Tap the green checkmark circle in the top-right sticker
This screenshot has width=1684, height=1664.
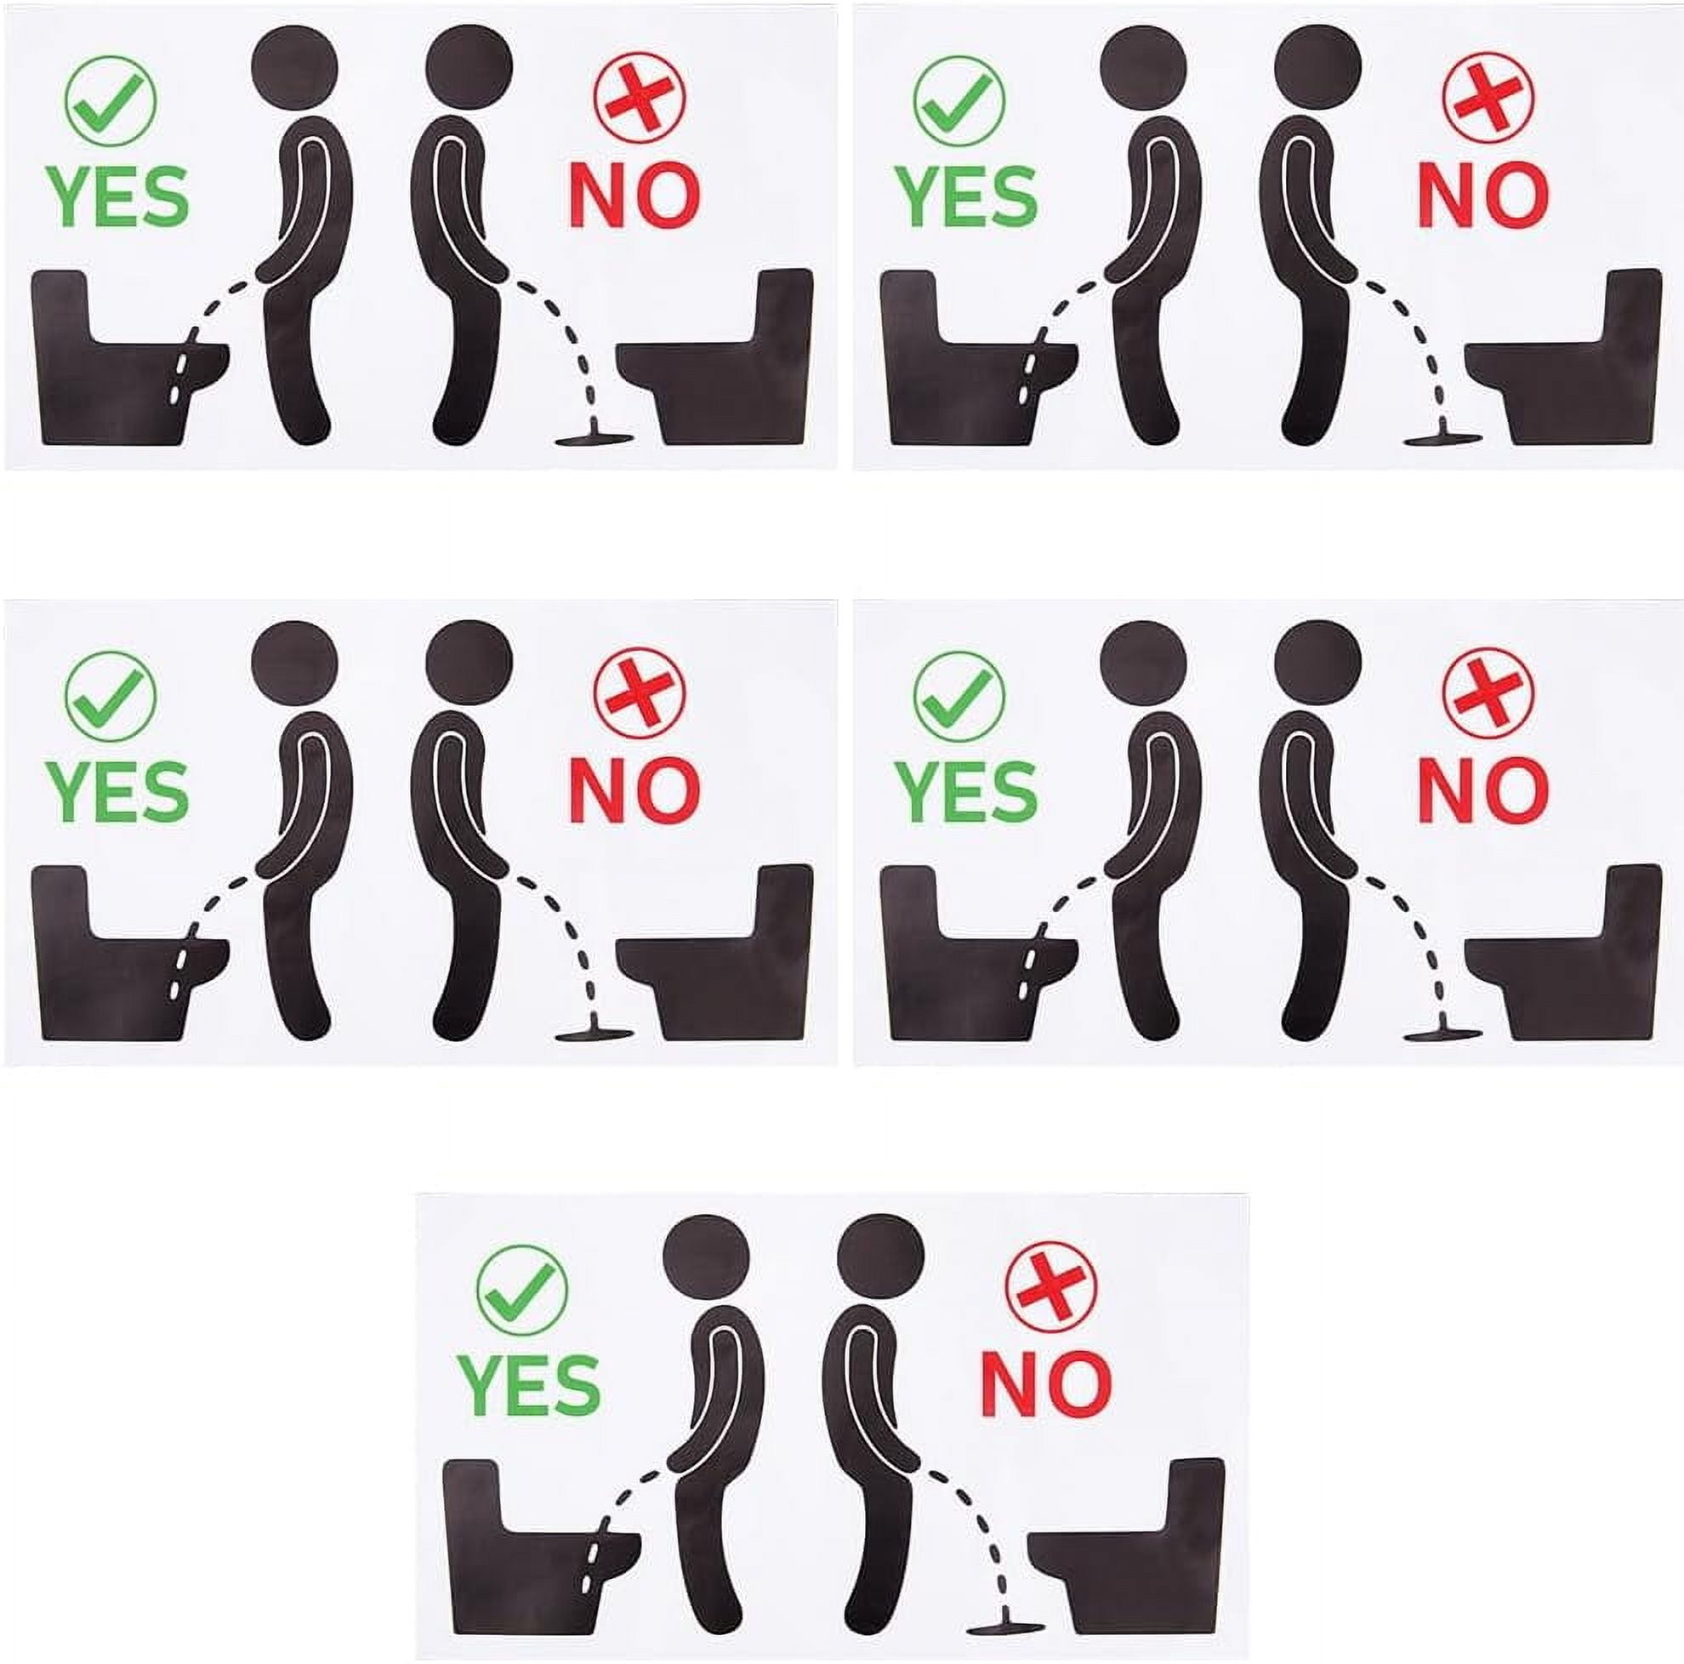coord(959,100)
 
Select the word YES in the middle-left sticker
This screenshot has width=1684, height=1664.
coord(117,791)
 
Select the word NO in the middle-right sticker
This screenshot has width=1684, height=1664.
coord(1482,789)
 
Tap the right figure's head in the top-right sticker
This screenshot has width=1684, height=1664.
coord(1317,66)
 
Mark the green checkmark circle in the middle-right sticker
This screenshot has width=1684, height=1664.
coord(959,696)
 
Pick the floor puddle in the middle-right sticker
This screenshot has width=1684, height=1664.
coord(1442,1034)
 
